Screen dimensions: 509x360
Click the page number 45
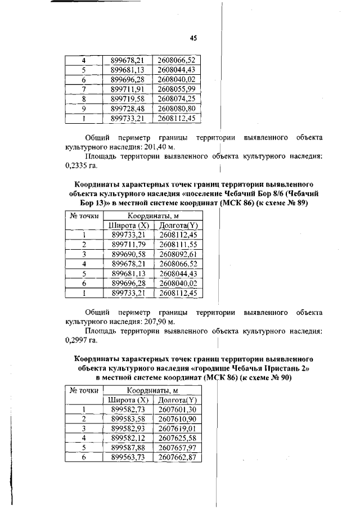[x=193, y=38]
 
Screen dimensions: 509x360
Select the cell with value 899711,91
[x=128, y=89]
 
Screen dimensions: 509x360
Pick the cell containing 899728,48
[x=128, y=108]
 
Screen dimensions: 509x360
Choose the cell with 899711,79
[x=128, y=245]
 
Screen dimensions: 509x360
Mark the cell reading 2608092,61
[x=179, y=254]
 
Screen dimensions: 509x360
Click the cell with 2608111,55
[x=179, y=245]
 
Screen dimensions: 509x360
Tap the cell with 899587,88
[x=128, y=448]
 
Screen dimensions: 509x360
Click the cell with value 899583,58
[x=128, y=420]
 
